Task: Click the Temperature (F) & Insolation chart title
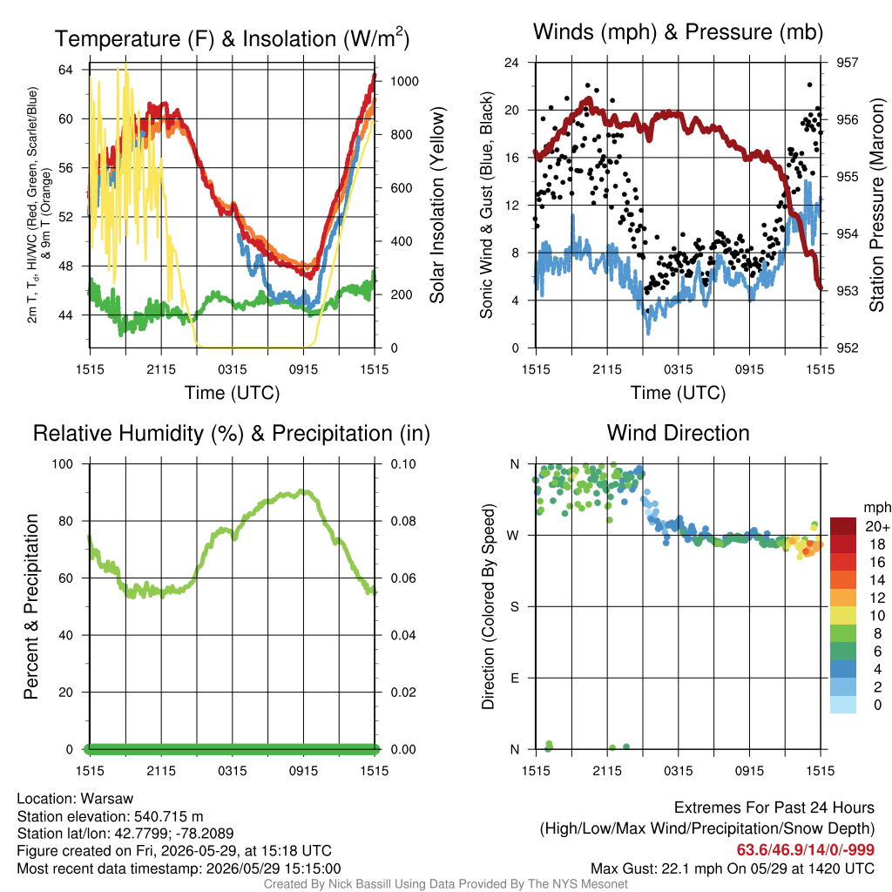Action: (232, 38)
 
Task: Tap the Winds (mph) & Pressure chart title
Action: (678, 32)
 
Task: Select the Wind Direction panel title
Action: (678, 433)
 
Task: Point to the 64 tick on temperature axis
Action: (66, 70)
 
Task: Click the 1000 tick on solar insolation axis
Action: (404, 81)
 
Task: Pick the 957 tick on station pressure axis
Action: (847, 63)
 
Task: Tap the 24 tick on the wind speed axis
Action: (511, 63)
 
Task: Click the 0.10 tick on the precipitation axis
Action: (403, 464)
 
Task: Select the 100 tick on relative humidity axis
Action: (63, 464)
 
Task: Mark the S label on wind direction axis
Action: (515, 607)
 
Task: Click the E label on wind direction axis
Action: (515, 678)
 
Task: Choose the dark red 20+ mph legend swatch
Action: (843, 526)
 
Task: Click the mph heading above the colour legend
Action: (877, 508)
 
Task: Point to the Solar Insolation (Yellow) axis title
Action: (437, 206)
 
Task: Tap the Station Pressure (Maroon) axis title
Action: (876, 205)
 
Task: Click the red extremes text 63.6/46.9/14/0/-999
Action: (806, 850)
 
